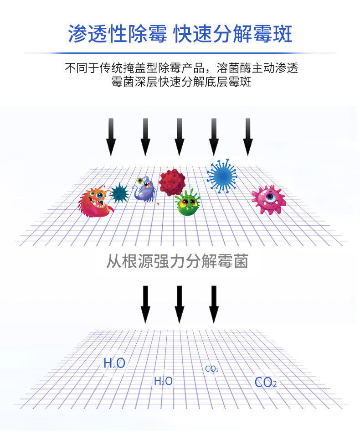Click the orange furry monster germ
[x=95, y=202]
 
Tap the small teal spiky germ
[x=120, y=192]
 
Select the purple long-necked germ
[x=144, y=189]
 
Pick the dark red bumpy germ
[x=172, y=182]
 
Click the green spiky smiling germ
[x=187, y=203]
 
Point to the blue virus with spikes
[x=222, y=175]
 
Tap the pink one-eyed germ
[x=268, y=199]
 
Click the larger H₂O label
[x=114, y=363]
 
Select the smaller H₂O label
[x=163, y=381]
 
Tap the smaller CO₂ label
[x=212, y=369]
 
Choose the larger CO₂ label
[x=266, y=382]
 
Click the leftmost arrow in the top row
[x=111, y=137]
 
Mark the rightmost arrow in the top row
[x=247, y=137]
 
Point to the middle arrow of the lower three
[x=180, y=304]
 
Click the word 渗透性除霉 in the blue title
[x=118, y=34]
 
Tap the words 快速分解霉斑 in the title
[x=233, y=34]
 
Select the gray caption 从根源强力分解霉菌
[x=177, y=262]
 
